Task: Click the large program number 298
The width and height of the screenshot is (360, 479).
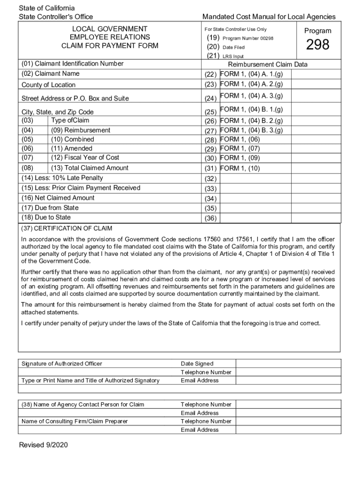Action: point(317,45)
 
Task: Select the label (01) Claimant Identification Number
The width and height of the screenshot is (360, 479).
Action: point(72,64)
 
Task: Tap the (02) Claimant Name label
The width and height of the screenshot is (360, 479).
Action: point(50,74)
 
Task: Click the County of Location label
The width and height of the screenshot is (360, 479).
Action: point(48,85)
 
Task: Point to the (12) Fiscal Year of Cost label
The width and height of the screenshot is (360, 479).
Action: point(85,157)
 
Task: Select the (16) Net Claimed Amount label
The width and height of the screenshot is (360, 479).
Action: point(58,198)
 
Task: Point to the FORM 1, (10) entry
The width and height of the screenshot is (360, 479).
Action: point(240,168)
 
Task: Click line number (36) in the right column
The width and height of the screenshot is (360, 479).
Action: point(210,218)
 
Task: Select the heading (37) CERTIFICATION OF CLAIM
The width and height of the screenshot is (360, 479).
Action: point(67,229)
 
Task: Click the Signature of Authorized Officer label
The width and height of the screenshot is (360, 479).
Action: point(62,364)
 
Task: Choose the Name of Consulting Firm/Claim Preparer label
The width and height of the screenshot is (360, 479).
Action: point(74,421)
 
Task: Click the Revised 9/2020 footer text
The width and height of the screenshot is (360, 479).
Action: point(43,445)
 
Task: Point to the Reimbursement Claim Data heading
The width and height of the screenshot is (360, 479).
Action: point(267,65)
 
